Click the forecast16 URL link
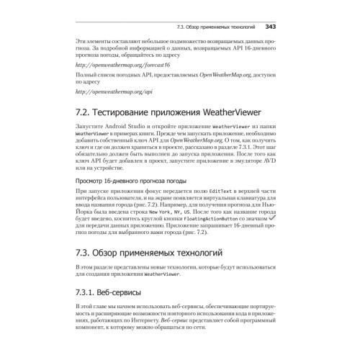112,65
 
